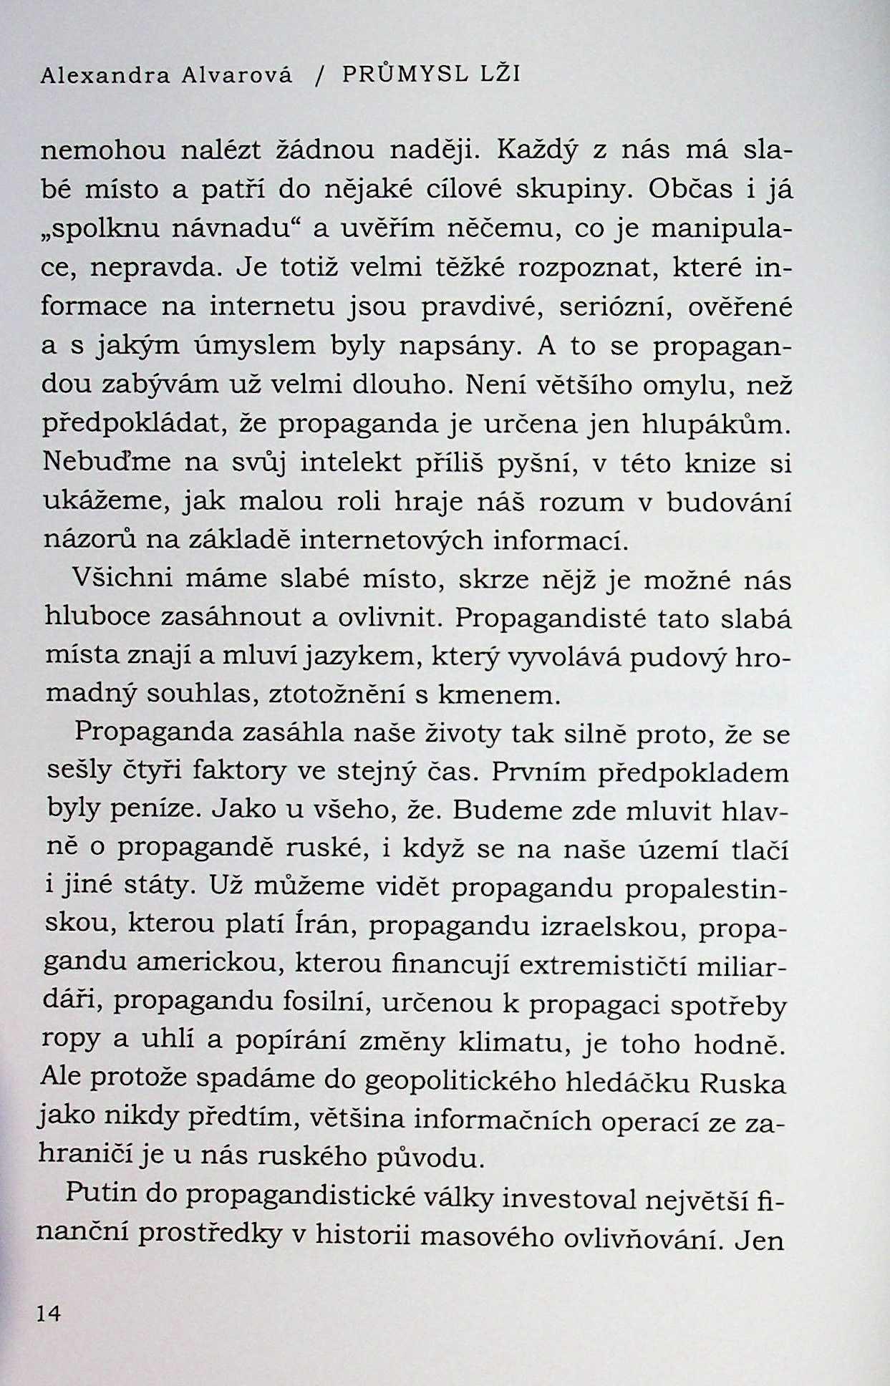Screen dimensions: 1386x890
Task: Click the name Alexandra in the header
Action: coord(104,76)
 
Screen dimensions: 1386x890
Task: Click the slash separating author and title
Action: coord(317,76)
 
